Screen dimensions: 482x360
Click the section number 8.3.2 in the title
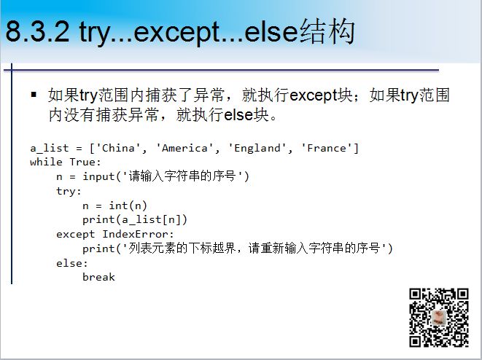click(37, 31)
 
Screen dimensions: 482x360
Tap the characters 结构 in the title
click(327, 31)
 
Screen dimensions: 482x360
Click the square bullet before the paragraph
click(34, 94)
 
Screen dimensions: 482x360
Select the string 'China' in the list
click(118, 148)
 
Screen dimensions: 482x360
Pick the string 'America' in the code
click(184, 148)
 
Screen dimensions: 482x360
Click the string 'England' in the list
click(257, 148)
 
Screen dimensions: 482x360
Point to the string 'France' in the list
click(327, 148)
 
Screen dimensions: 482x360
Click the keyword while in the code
click(46, 162)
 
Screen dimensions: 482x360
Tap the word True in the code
click(82, 162)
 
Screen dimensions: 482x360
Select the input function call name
click(98, 176)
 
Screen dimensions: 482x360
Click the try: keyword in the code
click(69, 191)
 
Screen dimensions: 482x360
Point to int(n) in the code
click(128, 206)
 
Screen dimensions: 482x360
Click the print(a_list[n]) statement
click(135, 220)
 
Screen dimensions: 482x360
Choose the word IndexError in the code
click(136, 235)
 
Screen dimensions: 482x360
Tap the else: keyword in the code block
click(72, 263)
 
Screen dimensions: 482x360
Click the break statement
click(98, 277)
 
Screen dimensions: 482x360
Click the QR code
click(439, 318)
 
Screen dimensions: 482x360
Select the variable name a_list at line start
click(49, 149)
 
